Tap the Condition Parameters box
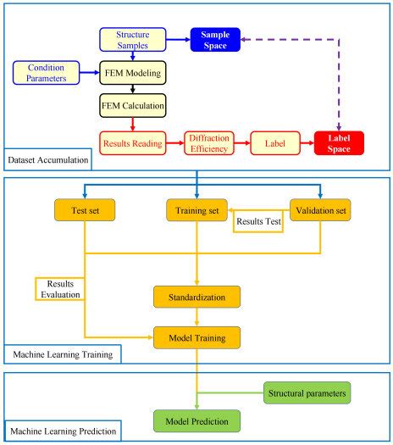(46, 72)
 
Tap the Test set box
(85, 209)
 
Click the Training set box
(197, 209)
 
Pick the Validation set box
(320, 209)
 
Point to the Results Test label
(259, 224)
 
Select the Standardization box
(197, 297)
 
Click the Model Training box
(197, 337)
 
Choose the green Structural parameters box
(306, 393)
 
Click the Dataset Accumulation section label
(45, 159)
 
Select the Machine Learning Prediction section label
(62, 432)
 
